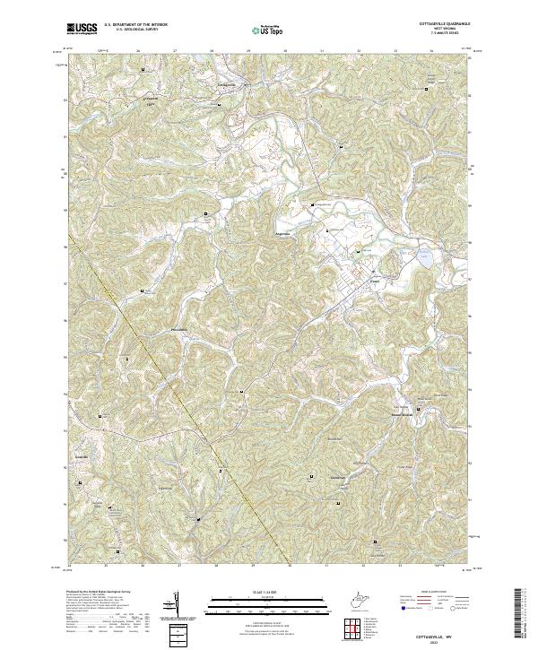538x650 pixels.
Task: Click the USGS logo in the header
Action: point(82,30)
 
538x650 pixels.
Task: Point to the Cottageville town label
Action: point(229,84)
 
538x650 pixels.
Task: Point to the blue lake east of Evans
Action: point(424,259)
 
